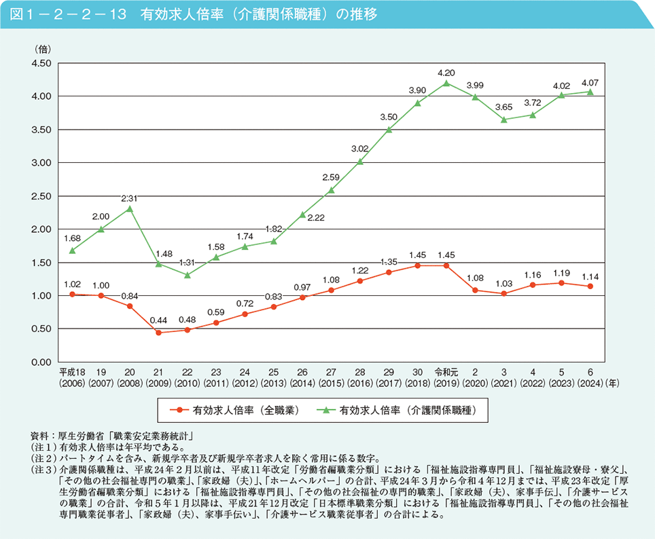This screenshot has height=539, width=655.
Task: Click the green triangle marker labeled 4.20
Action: point(446,83)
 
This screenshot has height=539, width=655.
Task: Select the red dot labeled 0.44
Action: point(158,333)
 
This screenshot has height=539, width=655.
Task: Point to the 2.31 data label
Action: point(130,199)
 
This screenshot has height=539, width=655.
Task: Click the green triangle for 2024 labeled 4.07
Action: point(590,92)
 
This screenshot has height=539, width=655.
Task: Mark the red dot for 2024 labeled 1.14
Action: point(590,286)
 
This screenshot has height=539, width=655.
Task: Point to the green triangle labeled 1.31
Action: point(188,275)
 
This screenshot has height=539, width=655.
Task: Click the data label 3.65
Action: point(504,107)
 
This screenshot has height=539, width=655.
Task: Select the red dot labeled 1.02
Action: point(72,294)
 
